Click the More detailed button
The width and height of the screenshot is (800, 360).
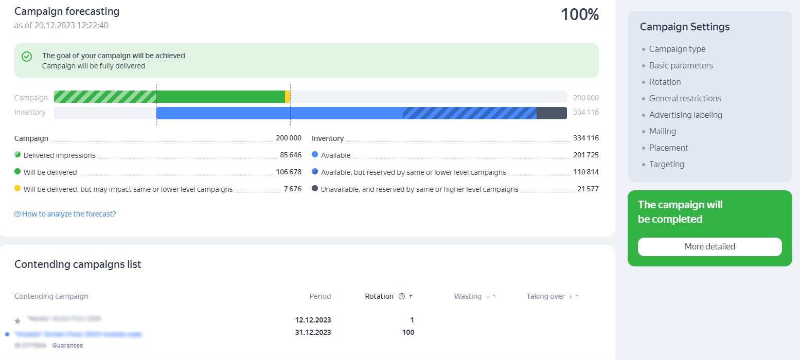pos(709,247)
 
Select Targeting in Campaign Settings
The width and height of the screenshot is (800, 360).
pos(666,164)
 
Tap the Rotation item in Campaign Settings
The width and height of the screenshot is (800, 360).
pos(665,82)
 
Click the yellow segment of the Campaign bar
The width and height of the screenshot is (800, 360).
pos(288,97)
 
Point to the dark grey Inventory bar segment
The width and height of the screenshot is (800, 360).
pos(552,113)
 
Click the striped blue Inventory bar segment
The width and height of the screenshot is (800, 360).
pos(469,113)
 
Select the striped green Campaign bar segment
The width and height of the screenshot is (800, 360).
pos(105,97)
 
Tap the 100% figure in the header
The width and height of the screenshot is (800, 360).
pos(579,15)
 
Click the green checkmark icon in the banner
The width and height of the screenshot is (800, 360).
pos(27,57)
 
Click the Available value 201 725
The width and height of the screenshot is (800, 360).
pos(586,155)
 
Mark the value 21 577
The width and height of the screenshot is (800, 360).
pos(588,189)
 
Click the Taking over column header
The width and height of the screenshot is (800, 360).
pos(545,296)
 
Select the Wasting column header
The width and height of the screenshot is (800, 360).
pos(468,296)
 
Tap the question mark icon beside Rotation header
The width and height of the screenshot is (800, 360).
pos(402,296)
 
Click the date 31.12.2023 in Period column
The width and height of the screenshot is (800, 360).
pos(313,332)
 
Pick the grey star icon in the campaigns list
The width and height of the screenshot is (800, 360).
pos(17,321)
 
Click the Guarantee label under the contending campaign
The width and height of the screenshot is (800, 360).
pos(67,346)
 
